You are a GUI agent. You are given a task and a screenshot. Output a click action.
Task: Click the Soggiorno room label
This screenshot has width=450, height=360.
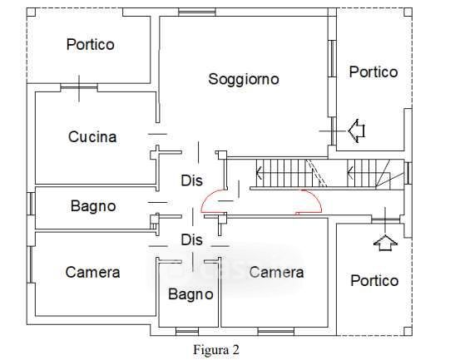pos(244,79)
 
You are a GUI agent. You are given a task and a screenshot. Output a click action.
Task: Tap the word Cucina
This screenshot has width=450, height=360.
pos(92,137)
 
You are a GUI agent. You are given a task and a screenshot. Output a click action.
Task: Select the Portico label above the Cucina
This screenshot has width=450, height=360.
pos(91,44)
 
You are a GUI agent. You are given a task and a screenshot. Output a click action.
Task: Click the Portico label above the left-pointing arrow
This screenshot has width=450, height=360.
pos(373,72)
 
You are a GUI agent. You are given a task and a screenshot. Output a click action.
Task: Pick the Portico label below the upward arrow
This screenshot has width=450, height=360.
pos(374,280)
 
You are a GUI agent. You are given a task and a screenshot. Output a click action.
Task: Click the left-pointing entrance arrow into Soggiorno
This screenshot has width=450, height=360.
pos(356,131)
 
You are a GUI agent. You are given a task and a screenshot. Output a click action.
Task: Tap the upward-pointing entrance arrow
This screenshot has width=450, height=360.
pos(385,243)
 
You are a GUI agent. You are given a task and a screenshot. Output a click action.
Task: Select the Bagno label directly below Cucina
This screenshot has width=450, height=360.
pos(93,206)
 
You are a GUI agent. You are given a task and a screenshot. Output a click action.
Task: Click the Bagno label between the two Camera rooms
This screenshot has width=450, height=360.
pos(190,294)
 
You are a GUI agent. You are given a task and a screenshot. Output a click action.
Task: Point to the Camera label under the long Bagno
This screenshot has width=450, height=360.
pos(92,272)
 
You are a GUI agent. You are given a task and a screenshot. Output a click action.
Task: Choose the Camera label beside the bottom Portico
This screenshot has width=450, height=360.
pos(276,272)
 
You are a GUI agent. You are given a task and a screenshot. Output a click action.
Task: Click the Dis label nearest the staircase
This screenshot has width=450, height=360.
pos(191,180)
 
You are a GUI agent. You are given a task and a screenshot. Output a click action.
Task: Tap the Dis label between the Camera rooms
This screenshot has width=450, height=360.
pos(191,239)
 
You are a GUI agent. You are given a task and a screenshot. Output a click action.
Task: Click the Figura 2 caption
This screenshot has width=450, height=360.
pos(216,349)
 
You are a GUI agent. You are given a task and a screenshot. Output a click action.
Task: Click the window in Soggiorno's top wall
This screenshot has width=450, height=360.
pos(197,12)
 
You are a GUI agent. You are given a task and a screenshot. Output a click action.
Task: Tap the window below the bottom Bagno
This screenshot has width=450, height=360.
pos(187,332)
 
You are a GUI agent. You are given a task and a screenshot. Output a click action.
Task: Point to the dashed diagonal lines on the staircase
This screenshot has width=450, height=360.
pos(316,173)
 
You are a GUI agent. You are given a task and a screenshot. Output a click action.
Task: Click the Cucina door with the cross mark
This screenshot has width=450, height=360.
pos(79,88)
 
